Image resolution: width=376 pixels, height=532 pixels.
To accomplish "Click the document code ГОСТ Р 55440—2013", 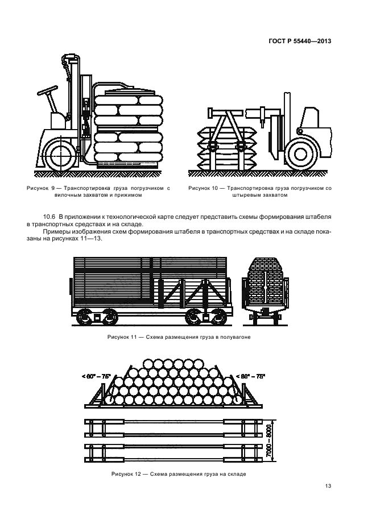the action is [300, 41].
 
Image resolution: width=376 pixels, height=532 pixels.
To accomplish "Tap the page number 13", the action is [328, 486].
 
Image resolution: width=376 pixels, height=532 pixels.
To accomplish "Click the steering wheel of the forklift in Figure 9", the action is [47, 90].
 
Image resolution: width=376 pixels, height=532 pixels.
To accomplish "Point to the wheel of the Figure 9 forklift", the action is [60, 156].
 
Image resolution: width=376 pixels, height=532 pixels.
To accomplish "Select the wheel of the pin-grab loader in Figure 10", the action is [300, 154].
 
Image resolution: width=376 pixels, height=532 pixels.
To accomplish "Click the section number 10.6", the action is [49, 217].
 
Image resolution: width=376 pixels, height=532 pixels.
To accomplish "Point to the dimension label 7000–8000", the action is [270, 440].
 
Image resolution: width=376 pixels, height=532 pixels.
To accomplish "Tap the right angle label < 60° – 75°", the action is [251, 376].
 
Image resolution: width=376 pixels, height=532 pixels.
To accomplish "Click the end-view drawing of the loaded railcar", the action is [265, 291].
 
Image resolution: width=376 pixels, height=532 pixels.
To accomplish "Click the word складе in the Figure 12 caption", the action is [237, 474].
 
